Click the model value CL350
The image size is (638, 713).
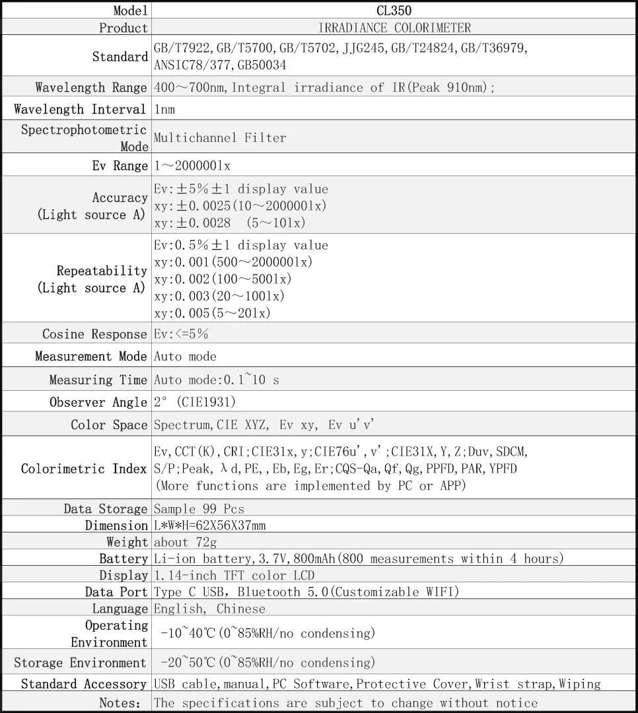coord(394,11)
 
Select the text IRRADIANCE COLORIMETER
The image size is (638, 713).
coord(394,28)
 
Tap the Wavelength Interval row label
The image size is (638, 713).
coord(80,109)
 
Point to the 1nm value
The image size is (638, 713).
coord(164,109)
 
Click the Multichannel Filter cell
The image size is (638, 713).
coord(220,137)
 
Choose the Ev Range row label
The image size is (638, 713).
coord(120,166)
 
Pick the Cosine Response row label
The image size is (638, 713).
coord(94,334)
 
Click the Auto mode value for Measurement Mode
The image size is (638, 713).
coord(185,356)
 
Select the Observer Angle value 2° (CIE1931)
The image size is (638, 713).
coord(194,402)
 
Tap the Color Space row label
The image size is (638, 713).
coord(109,425)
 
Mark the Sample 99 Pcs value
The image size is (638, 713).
coord(199,509)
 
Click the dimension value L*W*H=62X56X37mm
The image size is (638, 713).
coord(210,526)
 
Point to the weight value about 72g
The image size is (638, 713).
coord(185,542)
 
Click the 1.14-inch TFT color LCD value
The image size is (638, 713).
coord(234,575)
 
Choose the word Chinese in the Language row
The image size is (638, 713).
coord(241,609)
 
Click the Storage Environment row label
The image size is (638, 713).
coord(80,663)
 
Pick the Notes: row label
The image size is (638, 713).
coord(120,703)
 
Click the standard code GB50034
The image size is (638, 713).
coord(258,66)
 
